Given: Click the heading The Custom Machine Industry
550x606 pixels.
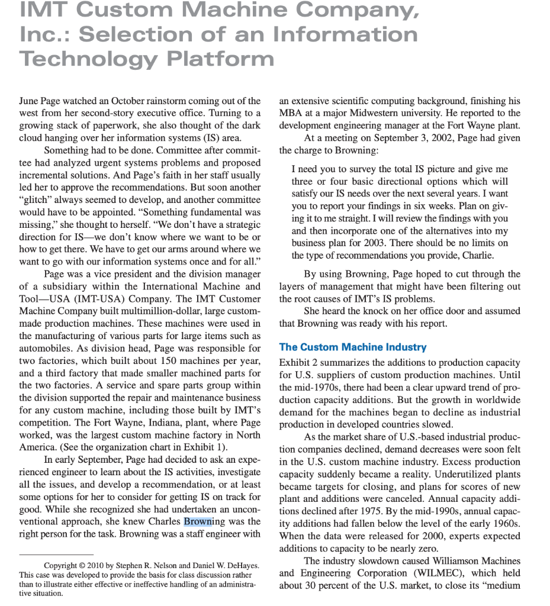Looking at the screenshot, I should click(x=352, y=347).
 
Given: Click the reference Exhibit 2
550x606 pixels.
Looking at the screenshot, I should click(x=298, y=362).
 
